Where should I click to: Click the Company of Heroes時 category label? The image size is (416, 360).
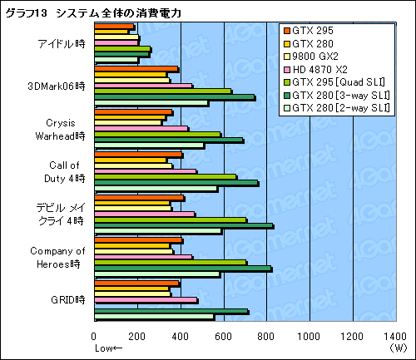[x=57, y=256]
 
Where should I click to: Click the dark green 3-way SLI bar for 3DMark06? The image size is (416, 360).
[x=175, y=97]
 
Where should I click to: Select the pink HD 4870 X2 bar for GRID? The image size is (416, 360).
[x=146, y=300]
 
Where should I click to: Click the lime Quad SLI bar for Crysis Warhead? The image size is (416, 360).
[x=157, y=134]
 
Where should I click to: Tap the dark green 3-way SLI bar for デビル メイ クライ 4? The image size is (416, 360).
[x=183, y=225]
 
